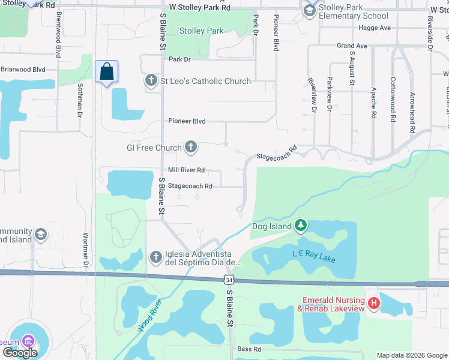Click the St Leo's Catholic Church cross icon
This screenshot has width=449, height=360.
click(x=151, y=80)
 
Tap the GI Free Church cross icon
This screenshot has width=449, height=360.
click(x=191, y=147)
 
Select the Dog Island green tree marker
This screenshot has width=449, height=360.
click(x=301, y=226)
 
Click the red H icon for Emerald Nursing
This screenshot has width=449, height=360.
click(x=374, y=304)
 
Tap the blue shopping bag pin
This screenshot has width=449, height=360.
click(x=106, y=72)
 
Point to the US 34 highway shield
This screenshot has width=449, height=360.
click(x=228, y=280)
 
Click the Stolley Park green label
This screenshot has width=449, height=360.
click(x=202, y=31)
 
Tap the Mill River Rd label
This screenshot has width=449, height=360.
click(x=187, y=170)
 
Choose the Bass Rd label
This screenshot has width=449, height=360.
click(x=249, y=349)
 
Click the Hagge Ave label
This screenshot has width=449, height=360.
click(x=374, y=28)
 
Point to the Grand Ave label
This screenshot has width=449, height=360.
click(x=352, y=46)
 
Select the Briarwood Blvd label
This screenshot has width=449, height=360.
click(x=23, y=69)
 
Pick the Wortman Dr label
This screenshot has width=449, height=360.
click(x=86, y=250)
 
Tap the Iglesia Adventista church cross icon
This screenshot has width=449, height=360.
click(x=155, y=257)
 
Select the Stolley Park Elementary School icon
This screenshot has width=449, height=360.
click(x=310, y=10)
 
